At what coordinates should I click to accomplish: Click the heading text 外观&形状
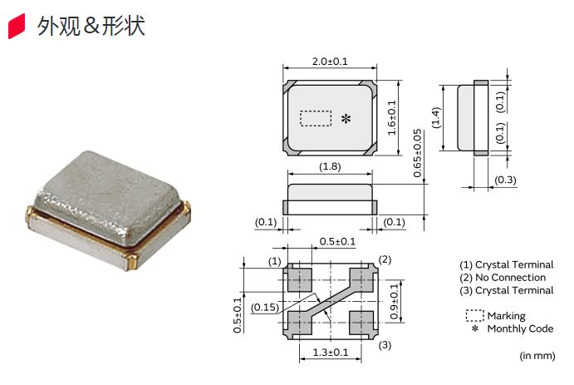click(91, 27)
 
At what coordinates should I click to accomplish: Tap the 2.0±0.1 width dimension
click(330, 62)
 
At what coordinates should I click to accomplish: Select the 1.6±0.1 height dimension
click(392, 118)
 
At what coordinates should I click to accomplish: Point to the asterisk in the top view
click(346, 120)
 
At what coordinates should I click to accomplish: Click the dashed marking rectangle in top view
click(315, 118)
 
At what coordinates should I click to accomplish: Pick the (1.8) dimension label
click(330, 167)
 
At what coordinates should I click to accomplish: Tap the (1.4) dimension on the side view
click(437, 117)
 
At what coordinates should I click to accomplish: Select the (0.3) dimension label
click(508, 180)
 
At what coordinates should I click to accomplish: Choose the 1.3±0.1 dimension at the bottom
click(330, 353)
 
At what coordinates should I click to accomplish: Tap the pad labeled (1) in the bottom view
click(297, 278)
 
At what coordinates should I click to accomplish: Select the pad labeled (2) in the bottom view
click(362, 278)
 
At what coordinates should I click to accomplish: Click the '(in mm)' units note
click(537, 356)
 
